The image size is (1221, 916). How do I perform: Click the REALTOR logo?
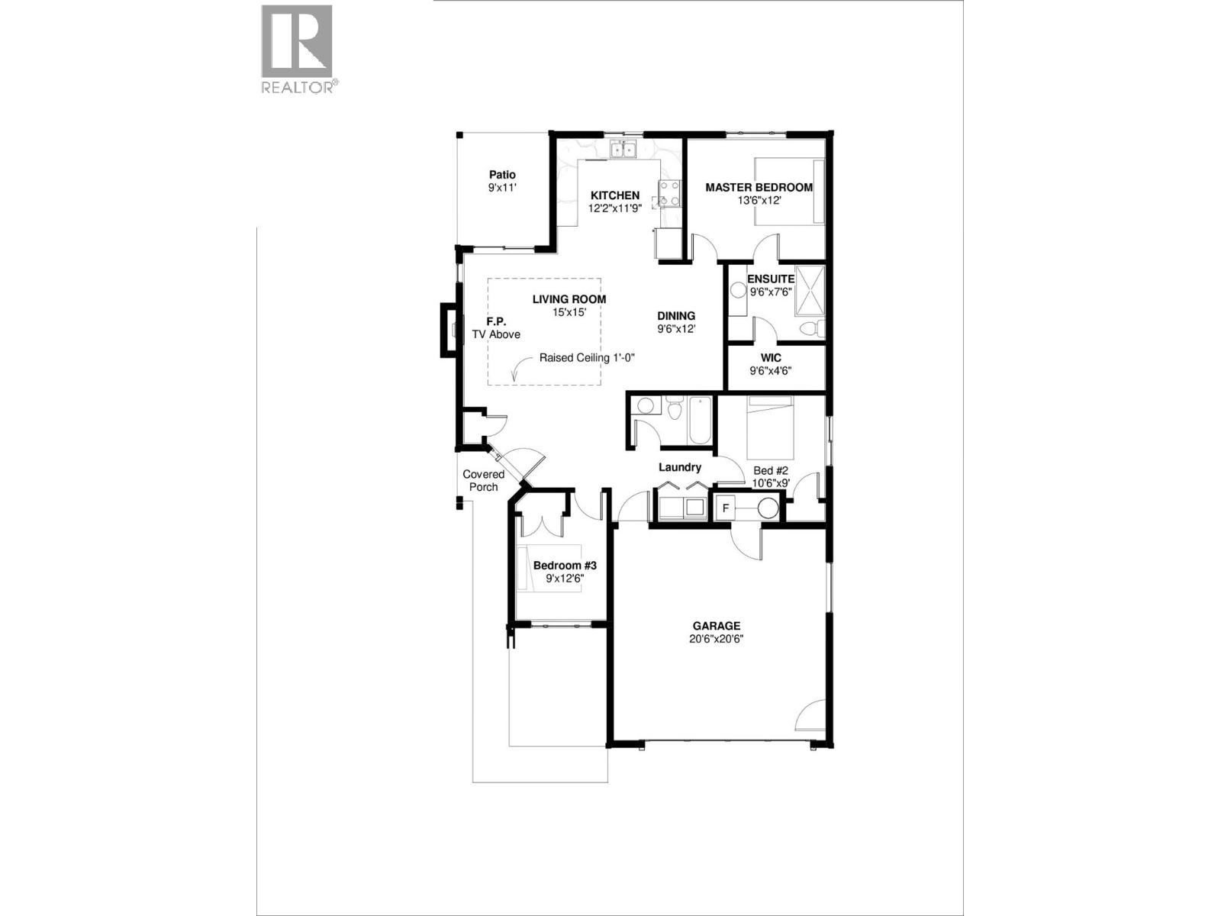pos(297,49)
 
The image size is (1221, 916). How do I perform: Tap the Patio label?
pos(502,175)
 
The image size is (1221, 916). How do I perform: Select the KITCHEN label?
pos(614,195)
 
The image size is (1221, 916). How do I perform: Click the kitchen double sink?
pos(623,150)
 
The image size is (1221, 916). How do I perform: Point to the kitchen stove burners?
pos(669,194)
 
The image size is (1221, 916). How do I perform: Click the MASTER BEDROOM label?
pos(759,187)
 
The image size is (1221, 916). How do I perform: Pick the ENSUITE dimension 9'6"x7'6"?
pos(771,292)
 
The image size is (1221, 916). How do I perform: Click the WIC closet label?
pos(771,358)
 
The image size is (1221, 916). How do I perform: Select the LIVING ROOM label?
pos(569,299)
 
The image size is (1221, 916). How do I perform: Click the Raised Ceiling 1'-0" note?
pos(587,357)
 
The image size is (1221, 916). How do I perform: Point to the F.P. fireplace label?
pos(496,322)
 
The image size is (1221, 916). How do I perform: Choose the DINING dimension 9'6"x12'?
pos(676,329)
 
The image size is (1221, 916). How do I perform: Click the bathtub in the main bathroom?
pos(700,421)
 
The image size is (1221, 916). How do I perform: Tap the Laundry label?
pos(679,467)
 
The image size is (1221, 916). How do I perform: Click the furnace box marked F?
pos(726,508)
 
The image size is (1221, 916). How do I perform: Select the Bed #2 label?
pos(771,471)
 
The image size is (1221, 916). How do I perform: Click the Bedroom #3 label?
pos(564,566)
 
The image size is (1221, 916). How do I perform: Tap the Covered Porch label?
pos(483,480)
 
